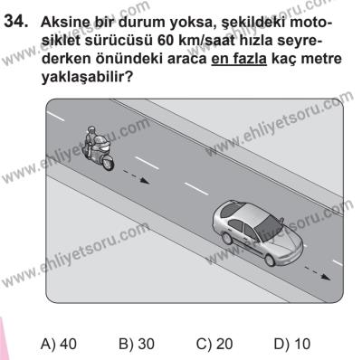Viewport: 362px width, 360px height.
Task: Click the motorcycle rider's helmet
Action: [89, 134]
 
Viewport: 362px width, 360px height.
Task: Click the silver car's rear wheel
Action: [225, 234]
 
